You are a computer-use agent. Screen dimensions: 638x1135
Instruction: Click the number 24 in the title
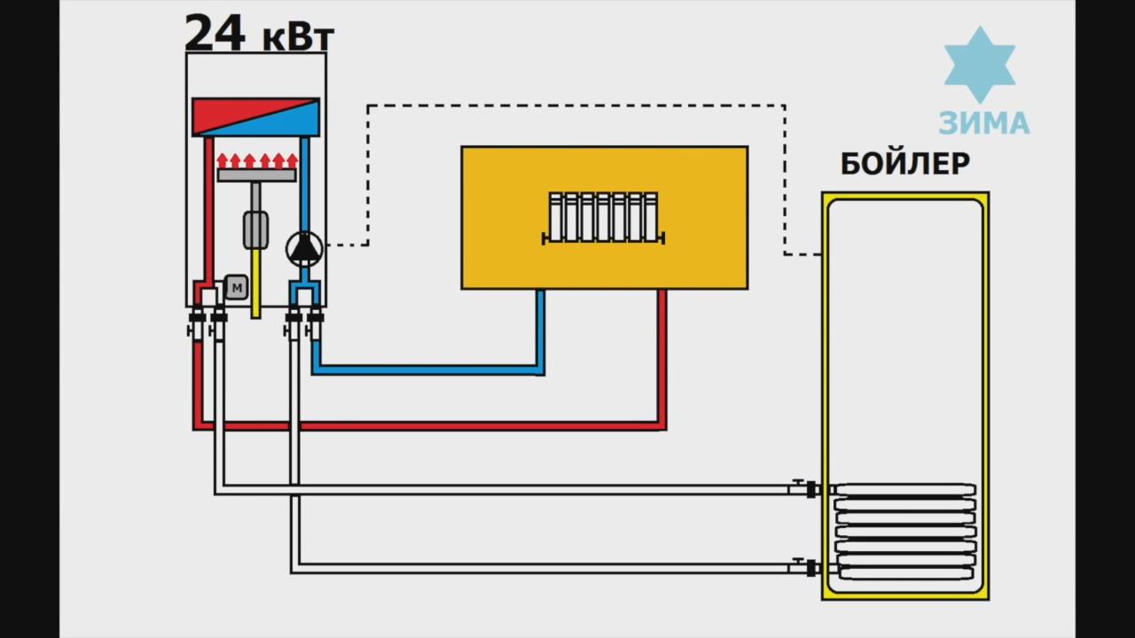tap(215, 34)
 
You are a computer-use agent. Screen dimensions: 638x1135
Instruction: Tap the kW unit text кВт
tap(298, 37)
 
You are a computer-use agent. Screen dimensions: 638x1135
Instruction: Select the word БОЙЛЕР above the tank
tap(904, 164)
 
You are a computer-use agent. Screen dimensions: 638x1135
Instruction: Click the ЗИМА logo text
tap(984, 123)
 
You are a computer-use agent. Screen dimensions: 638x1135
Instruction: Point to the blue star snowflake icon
tap(979, 65)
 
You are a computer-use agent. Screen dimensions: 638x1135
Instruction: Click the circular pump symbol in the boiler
tap(304, 248)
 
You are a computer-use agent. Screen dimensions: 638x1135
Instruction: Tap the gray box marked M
tap(236, 286)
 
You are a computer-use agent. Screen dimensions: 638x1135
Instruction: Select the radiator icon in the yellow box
tap(604, 218)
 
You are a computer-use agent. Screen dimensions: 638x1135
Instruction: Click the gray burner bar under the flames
tap(256, 175)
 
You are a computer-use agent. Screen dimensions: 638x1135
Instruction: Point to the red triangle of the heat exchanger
tap(226, 113)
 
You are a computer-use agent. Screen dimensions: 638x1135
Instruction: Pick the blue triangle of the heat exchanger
tap(288, 120)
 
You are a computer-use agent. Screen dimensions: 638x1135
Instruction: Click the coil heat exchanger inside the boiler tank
tap(905, 531)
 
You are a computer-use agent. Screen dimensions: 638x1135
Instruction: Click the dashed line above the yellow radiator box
tap(576, 105)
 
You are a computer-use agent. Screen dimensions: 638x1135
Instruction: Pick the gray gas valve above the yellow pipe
tap(256, 230)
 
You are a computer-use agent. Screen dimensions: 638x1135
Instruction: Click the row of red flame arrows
tap(256, 160)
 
